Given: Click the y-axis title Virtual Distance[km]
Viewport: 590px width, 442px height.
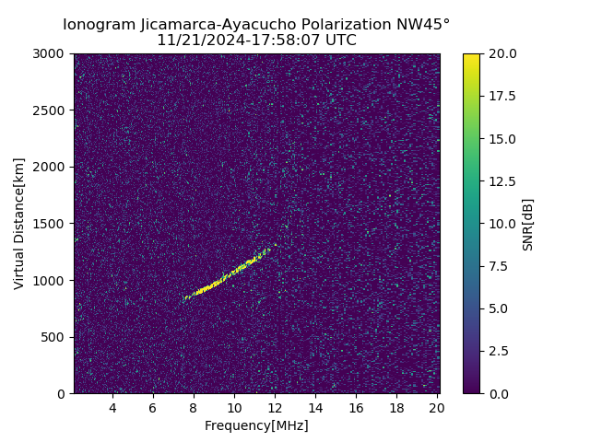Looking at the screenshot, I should [x=19, y=224].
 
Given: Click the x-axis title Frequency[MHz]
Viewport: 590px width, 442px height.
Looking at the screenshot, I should [x=256, y=425].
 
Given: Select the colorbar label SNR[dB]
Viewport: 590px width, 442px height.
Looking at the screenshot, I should [x=528, y=224].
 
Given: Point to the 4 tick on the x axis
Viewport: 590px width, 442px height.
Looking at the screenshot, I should [x=112, y=408].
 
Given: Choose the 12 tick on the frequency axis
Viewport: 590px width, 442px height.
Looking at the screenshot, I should [x=275, y=408].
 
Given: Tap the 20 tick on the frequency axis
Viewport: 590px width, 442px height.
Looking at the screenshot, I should [x=437, y=408].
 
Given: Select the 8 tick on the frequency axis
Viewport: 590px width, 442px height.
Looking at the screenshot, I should [x=194, y=408].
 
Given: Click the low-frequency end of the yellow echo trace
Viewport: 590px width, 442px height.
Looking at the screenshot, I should [x=186, y=297].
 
